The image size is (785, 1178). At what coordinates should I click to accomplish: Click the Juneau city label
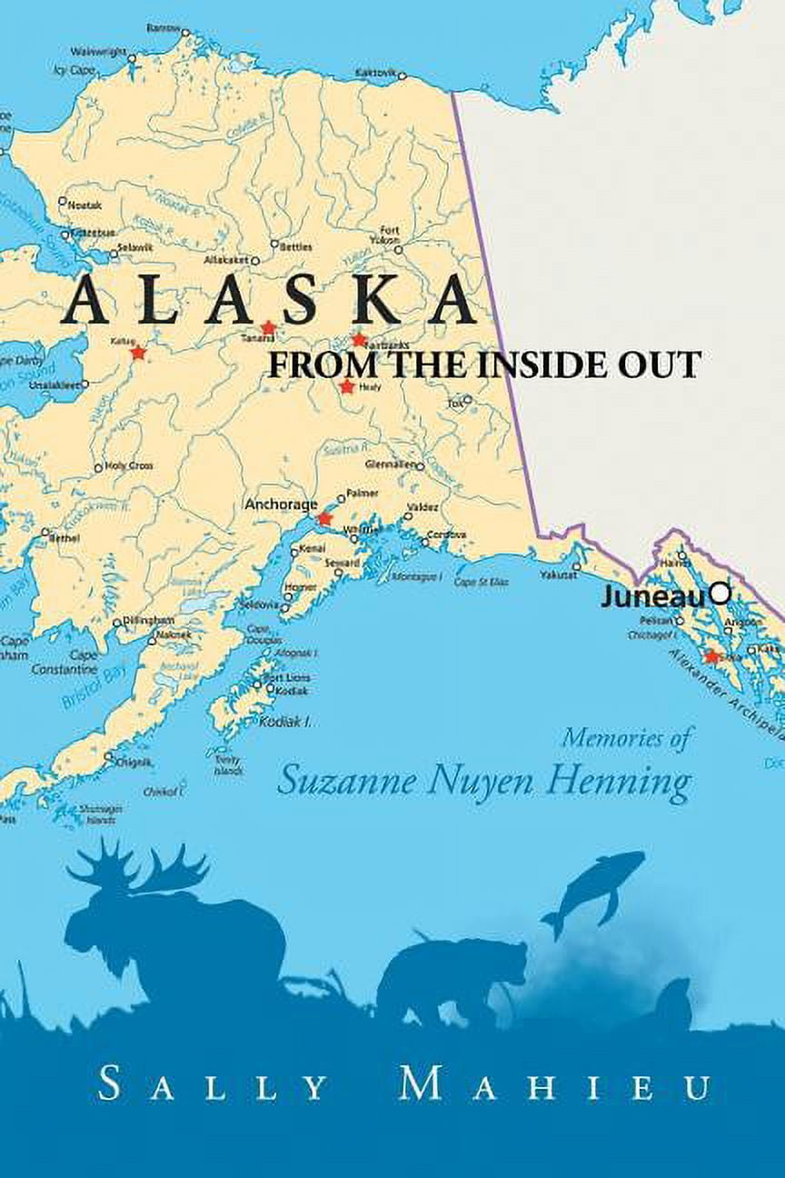[x=653, y=596]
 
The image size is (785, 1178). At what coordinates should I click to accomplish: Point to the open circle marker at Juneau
[x=720, y=594]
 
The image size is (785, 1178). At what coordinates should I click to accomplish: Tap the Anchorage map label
[x=281, y=504]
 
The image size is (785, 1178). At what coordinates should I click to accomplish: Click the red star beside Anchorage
[x=324, y=518]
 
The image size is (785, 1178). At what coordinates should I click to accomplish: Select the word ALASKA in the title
[x=271, y=300]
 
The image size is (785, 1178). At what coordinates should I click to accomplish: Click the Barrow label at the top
[x=163, y=28]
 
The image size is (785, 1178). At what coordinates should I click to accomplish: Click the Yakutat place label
[x=559, y=574]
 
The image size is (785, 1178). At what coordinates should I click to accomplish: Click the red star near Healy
[x=346, y=387]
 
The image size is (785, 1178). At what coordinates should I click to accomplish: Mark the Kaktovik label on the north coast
[x=375, y=71]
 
